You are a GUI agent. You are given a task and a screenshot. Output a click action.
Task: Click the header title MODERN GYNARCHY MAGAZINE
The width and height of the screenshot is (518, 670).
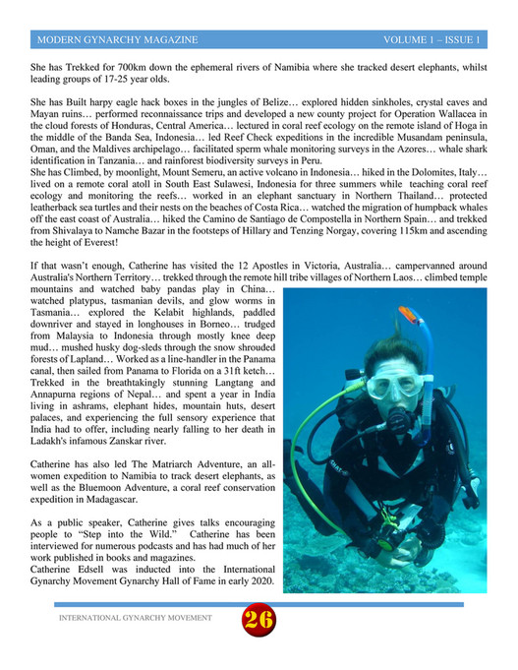click(116, 40)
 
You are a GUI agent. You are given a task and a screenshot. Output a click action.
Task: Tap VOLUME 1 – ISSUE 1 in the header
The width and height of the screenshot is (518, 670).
click(432, 40)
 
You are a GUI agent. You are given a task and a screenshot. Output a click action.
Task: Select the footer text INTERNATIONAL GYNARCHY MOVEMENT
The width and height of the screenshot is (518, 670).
click(136, 618)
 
